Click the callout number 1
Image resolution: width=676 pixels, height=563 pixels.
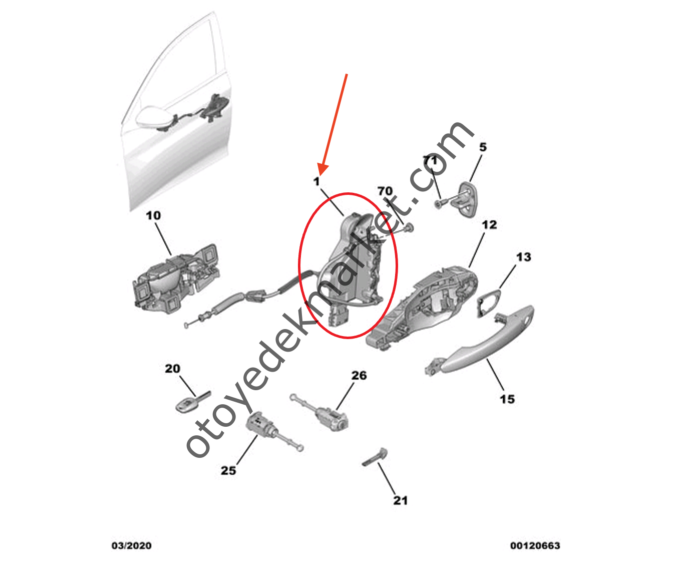[x=316, y=181]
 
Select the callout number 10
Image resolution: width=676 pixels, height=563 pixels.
[x=153, y=215]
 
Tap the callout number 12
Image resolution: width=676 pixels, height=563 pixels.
[x=489, y=225]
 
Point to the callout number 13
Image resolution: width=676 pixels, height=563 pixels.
[x=523, y=257]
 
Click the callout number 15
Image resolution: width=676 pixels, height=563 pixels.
[x=507, y=399]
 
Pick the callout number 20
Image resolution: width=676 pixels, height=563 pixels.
[x=172, y=369]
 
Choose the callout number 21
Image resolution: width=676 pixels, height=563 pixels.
[x=400, y=500]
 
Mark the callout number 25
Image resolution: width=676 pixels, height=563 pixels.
[x=228, y=470]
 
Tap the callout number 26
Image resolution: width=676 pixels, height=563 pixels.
[x=359, y=375]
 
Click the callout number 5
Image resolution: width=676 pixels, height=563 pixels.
[x=483, y=147]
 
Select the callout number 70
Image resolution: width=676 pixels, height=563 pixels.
[x=385, y=191]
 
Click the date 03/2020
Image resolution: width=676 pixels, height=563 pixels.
[x=131, y=545]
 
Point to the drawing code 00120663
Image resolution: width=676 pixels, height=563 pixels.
[x=535, y=545]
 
